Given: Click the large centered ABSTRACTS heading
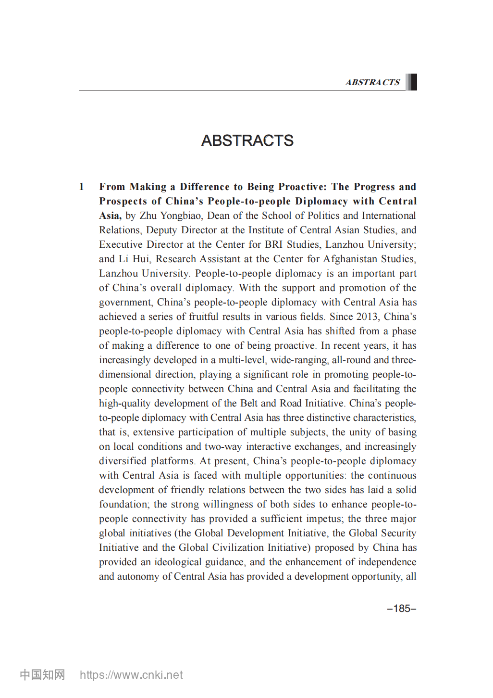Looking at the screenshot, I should coord(247,140).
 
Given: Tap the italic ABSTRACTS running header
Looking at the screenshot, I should coord(372,82).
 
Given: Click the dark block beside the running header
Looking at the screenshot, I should coord(411,82).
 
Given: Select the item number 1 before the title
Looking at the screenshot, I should coord(82,187).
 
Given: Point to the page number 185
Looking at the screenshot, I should coord(402,609).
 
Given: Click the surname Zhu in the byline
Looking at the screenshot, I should coord(148,216).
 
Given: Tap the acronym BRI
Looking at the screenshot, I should coord(273,244).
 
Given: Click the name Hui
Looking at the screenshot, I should coord(141,259).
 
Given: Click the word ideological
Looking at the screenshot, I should coord(176,562).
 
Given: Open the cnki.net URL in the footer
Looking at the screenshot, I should coord(131,675).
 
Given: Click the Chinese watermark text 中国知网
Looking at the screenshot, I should coord(42,675).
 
